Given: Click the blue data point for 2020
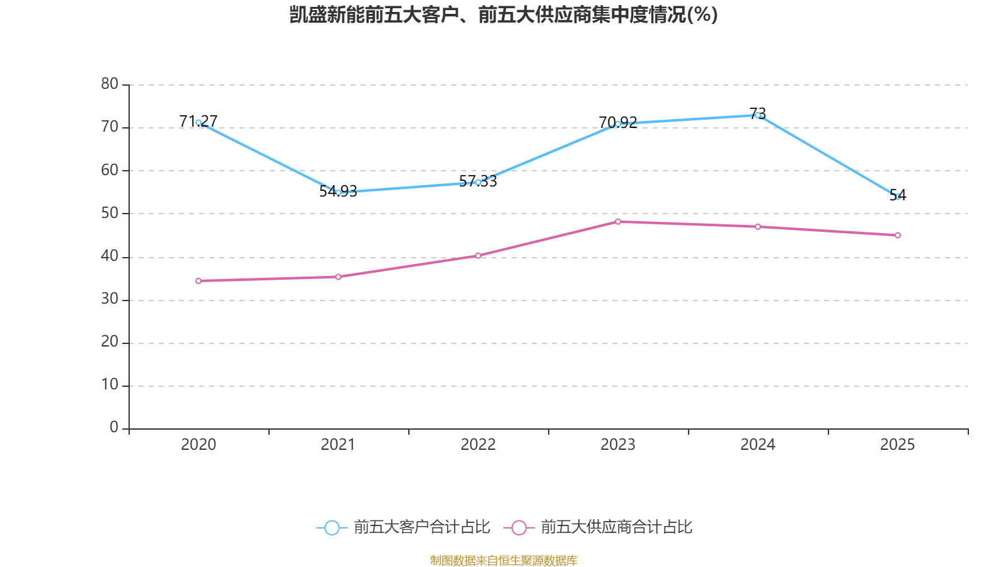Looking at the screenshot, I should [x=198, y=123].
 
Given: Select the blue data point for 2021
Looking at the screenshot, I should [x=338, y=192].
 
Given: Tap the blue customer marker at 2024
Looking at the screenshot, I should [x=757, y=115].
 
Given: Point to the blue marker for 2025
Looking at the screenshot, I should [x=897, y=197].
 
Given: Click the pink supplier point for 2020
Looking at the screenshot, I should [x=198, y=281].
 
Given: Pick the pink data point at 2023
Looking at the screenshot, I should [x=618, y=222].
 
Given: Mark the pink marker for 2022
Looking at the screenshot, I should [x=478, y=256].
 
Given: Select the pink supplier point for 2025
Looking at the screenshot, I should [x=897, y=236].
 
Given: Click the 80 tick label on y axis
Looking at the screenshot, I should [x=110, y=84].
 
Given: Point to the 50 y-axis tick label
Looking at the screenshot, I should [x=110, y=213].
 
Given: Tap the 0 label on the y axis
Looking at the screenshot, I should [x=114, y=428].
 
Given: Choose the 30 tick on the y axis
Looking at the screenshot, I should [x=110, y=299].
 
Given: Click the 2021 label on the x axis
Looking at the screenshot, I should [x=338, y=445].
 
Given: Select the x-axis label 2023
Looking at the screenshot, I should [x=618, y=445].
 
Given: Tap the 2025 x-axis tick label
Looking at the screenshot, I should [x=897, y=445].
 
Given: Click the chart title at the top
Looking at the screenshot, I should [x=503, y=14].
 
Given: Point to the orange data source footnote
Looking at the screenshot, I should [x=503, y=560].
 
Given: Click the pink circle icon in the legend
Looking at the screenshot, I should [x=518, y=527].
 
